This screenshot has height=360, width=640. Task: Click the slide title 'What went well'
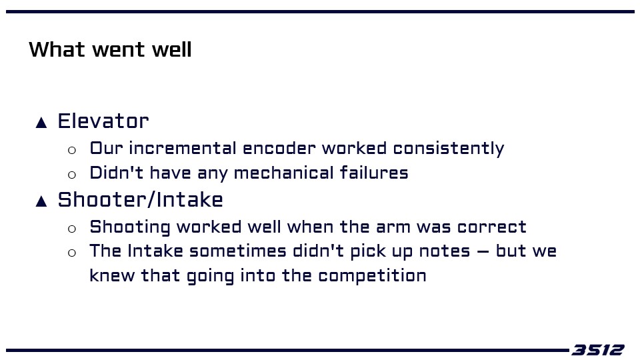click(110, 49)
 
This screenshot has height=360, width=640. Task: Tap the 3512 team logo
click(598, 350)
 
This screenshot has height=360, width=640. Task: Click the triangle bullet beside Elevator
click(41, 123)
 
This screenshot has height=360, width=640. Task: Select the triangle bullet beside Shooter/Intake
click(41, 201)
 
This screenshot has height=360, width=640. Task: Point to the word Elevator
click(103, 121)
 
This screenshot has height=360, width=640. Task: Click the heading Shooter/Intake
click(141, 199)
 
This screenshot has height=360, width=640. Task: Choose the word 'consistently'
click(449, 149)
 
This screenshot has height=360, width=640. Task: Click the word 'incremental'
click(183, 148)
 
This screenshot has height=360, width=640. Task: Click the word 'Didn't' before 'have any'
click(116, 173)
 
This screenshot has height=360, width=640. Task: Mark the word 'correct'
click(492, 227)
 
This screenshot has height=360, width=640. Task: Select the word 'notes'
click(445, 251)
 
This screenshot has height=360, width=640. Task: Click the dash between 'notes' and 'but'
click(483, 252)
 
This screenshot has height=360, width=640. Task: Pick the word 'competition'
click(372, 276)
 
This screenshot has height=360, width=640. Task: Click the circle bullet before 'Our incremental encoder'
click(72, 151)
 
